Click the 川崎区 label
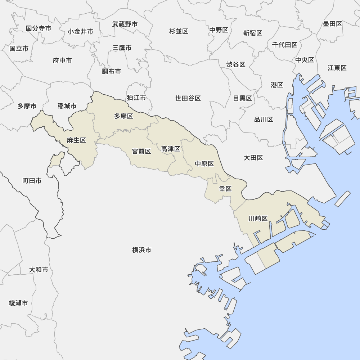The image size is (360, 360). click(x=258, y=219)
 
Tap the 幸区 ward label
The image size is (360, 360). click(x=225, y=189)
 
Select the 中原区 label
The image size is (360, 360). click(x=204, y=164)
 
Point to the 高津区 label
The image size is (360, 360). click(x=170, y=149)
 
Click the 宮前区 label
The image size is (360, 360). click(x=141, y=151)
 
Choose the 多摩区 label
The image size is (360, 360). click(x=123, y=116)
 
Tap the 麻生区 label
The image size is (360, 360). click(x=76, y=140)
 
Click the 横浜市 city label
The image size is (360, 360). click(x=141, y=250)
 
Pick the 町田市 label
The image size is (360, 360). click(x=32, y=181)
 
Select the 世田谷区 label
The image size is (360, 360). click(x=188, y=98)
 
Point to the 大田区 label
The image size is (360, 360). click(x=253, y=158)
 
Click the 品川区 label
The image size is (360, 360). click(x=264, y=120)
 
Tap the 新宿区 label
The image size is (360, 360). click(x=252, y=33)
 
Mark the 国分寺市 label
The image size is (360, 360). click(x=39, y=28)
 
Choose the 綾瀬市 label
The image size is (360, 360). click(x=18, y=303)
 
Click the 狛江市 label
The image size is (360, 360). click(x=136, y=98)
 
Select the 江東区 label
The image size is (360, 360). click(x=337, y=68)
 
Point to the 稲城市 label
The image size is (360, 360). click(x=67, y=106)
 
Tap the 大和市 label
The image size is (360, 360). click(x=39, y=270)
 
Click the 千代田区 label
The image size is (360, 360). click(x=284, y=45)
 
